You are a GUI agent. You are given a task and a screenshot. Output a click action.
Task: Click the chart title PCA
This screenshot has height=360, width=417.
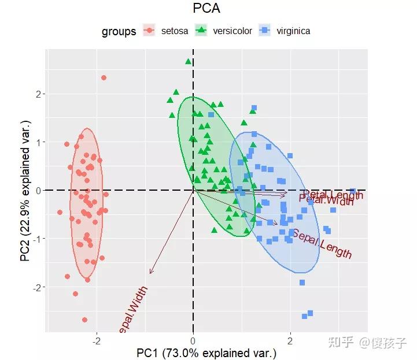click(x=206, y=8)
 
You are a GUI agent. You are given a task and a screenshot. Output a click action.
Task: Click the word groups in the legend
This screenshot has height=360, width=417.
click(x=119, y=31)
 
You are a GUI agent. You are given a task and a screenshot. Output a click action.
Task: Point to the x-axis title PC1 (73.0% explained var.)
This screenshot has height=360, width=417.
click(x=206, y=352)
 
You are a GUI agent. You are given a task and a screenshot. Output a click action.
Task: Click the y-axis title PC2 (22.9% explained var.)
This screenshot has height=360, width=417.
click(x=25, y=191)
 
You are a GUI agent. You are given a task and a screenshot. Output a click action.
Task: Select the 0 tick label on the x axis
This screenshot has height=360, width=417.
click(x=193, y=340)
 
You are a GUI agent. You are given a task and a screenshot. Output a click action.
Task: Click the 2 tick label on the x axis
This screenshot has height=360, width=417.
click(x=290, y=340)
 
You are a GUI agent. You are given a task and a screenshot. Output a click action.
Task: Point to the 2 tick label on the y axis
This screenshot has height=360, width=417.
click(x=38, y=94)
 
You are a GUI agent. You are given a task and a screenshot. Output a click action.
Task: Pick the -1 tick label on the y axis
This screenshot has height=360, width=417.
click(x=36, y=239)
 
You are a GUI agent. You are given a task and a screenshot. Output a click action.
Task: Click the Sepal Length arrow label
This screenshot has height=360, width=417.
click(x=322, y=244)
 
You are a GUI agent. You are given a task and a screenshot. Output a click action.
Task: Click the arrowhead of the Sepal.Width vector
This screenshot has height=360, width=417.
click(x=150, y=273)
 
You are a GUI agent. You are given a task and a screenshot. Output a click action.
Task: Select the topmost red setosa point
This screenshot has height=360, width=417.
click(x=104, y=77)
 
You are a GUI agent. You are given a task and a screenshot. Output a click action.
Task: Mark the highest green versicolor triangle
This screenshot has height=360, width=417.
click(x=188, y=61)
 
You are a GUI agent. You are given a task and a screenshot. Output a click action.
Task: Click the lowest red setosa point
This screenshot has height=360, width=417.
click(x=84, y=320)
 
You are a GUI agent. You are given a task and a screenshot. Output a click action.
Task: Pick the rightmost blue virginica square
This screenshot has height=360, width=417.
click(x=353, y=191)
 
